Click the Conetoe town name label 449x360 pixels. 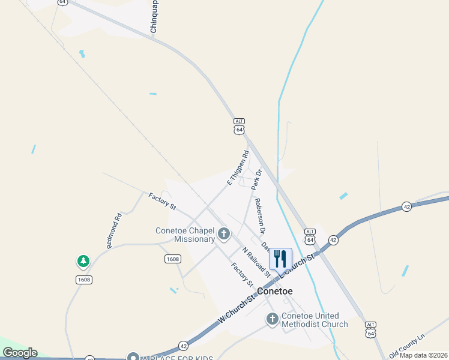coord(274,291)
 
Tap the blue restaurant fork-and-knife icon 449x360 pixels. coord(280,259)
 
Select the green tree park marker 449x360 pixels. coord(83,262)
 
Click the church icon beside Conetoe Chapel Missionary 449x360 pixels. coord(224,233)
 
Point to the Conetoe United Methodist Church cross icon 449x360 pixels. coord(273,319)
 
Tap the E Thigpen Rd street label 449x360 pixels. coord(238,167)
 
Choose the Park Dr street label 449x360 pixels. coord(257,179)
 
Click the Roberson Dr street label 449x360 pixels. coord(260,215)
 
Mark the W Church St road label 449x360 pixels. coord(240,309)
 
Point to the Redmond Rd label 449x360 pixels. coord(114,230)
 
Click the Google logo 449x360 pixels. coord(20,353)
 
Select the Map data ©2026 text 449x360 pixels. coord(423,355)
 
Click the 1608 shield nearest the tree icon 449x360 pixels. coord(84,280)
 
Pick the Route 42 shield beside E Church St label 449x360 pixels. coord(334,239)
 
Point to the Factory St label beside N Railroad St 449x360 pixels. coord(243,274)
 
